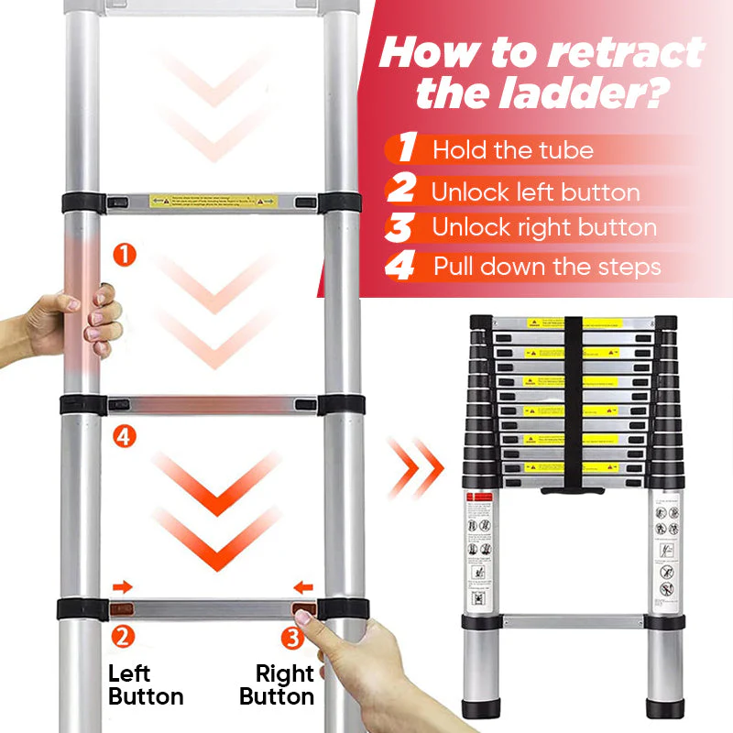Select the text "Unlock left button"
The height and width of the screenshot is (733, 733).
click(x=536, y=192)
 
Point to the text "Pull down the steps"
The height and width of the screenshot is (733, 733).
click(x=547, y=267)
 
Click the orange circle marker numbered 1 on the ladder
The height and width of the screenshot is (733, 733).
click(x=126, y=255)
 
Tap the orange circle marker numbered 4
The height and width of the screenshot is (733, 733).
click(x=126, y=437)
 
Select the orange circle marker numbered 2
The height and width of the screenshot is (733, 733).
click(x=122, y=634)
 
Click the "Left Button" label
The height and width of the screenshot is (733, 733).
click(x=145, y=684)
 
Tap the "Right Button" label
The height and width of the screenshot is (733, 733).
click(x=278, y=684)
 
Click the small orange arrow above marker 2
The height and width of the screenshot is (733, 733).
click(x=122, y=586)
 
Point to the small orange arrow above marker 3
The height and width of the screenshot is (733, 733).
click(x=302, y=586)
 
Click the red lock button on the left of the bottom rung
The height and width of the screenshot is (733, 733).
click(x=122, y=608)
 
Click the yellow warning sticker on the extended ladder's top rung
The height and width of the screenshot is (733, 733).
click(x=214, y=201)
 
